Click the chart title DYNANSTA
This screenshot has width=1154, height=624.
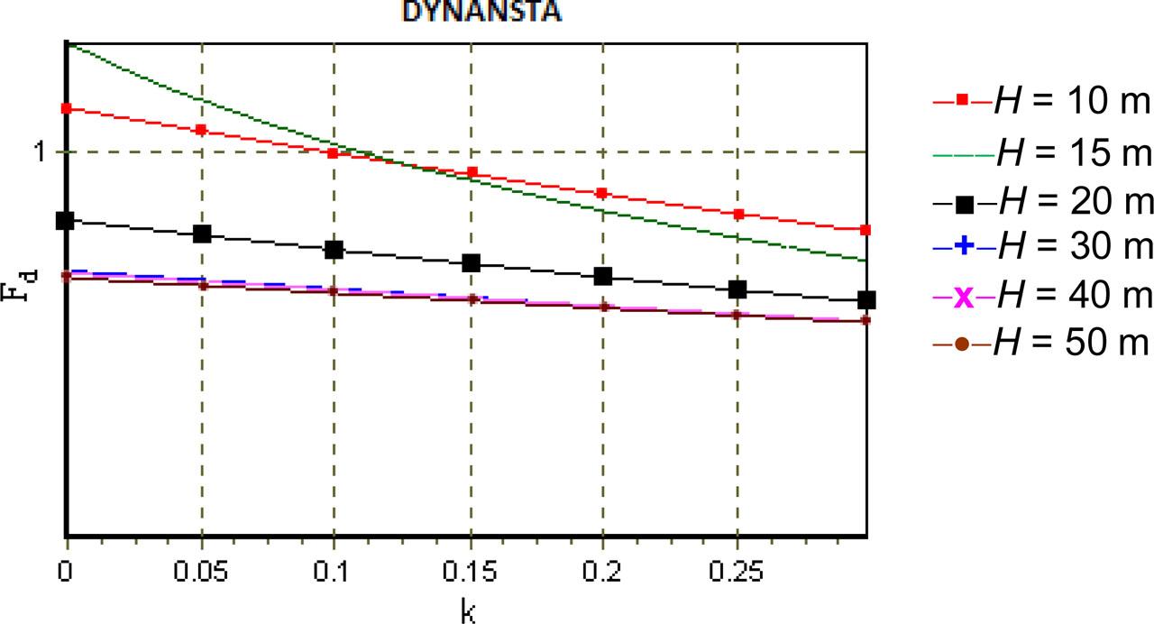pyautogui.click(x=481, y=12)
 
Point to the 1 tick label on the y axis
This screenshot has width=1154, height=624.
pyautogui.click(x=39, y=151)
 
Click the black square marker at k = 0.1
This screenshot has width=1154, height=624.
pyautogui.click(x=334, y=250)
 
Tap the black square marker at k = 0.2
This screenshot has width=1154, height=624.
pyautogui.click(x=602, y=276)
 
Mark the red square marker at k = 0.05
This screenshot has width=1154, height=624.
pyautogui.click(x=201, y=130)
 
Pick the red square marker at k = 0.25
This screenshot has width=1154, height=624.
pyautogui.click(x=737, y=215)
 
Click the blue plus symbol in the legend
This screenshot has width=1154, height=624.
pyautogui.click(x=963, y=245)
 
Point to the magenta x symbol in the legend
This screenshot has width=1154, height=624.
pyautogui.click(x=963, y=295)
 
